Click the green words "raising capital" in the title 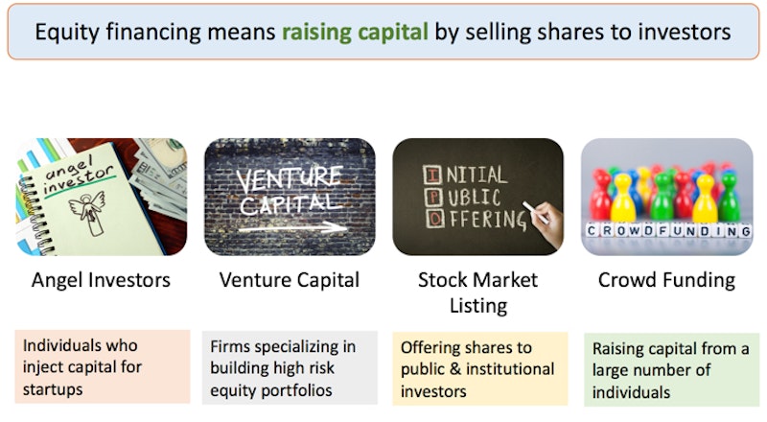(x=355, y=33)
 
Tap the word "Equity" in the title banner (x=67, y=33)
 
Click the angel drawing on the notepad (x=89, y=212)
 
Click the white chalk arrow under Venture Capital (x=292, y=227)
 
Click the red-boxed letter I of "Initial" (x=433, y=175)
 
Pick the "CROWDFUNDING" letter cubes (x=668, y=230)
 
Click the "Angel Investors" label (x=101, y=280)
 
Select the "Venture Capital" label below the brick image (x=290, y=280)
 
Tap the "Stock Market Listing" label (x=477, y=293)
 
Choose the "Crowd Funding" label (x=666, y=280)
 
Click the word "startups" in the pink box (x=53, y=389)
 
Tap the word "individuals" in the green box (x=631, y=392)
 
